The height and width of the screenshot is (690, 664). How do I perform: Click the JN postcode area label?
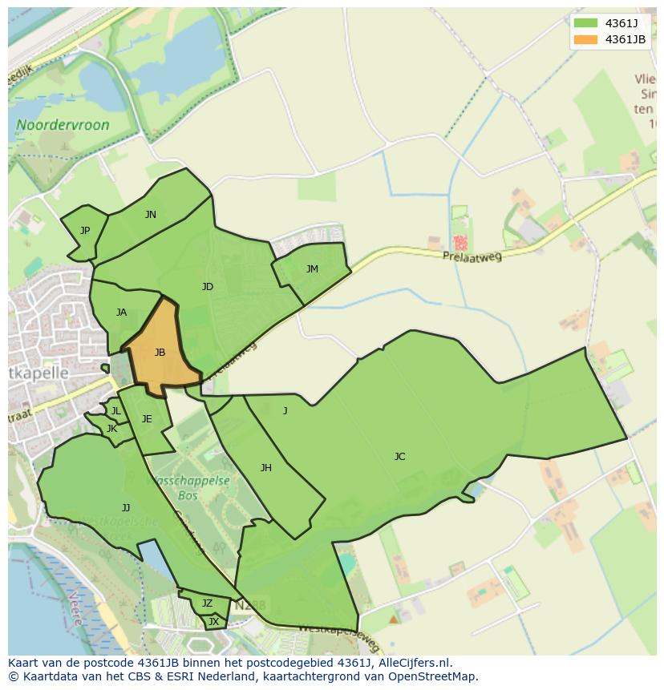click(151, 215)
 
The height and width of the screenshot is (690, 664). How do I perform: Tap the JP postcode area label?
click(85, 231)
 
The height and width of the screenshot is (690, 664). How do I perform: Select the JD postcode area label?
click(208, 287)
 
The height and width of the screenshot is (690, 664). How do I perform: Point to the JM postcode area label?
click(312, 269)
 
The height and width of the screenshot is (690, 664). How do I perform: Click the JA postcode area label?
click(121, 313)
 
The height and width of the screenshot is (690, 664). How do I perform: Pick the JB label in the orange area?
click(160, 353)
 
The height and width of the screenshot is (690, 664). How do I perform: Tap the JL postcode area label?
click(115, 411)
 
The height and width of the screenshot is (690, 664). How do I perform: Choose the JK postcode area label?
click(111, 429)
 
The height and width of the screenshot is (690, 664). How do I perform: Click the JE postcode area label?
click(147, 419)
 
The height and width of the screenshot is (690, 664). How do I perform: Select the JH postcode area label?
click(265, 468)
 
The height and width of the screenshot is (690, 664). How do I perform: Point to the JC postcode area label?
click(399, 457)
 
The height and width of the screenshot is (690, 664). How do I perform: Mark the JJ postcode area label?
click(126, 508)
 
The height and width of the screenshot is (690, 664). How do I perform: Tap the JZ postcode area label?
click(207, 603)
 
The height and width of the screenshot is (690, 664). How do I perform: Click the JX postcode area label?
click(213, 621)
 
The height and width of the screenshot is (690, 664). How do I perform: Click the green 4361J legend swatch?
click(585, 22)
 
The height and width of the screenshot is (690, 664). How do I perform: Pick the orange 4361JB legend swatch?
click(585, 39)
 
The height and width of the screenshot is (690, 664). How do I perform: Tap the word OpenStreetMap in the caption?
click(430, 676)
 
